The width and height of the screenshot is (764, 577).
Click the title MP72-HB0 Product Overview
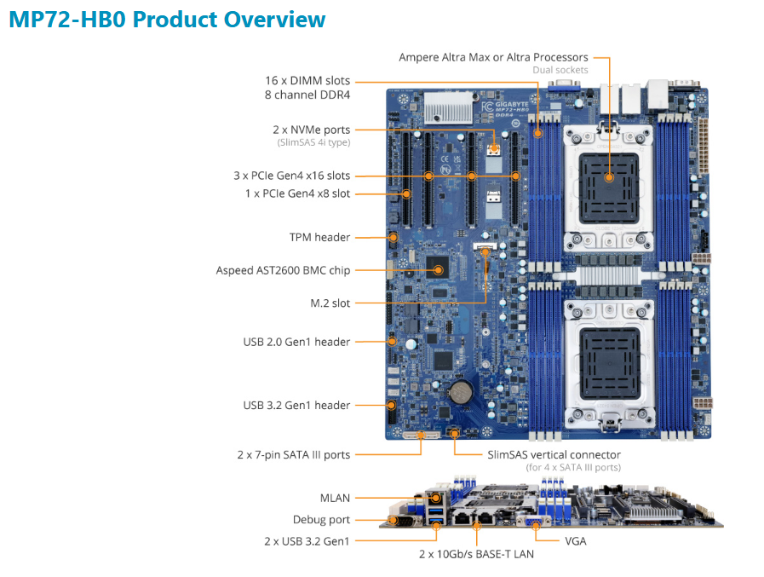tap(167, 20)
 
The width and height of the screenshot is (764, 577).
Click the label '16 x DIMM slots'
tap(307, 80)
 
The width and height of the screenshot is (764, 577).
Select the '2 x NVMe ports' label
tap(312, 130)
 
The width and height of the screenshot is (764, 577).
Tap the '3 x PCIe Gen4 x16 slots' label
tap(291, 176)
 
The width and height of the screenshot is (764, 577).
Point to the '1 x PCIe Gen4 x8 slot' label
tap(297, 194)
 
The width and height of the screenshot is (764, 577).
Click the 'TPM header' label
tap(319, 237)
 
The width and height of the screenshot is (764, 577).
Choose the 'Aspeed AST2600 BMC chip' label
tap(283, 270)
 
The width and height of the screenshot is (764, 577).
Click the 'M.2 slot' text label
tap(330, 303)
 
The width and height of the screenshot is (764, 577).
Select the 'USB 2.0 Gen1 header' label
tap(296, 342)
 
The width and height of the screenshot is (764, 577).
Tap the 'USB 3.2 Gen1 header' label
tap(296, 405)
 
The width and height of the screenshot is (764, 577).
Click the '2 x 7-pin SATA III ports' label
tap(293, 455)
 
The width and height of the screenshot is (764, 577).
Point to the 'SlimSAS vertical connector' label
tap(554, 455)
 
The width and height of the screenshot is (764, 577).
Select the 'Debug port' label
tap(321, 520)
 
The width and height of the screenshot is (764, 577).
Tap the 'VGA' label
tap(575, 540)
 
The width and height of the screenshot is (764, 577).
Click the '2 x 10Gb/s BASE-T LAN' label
tap(477, 554)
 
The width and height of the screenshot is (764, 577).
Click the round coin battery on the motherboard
tap(461, 389)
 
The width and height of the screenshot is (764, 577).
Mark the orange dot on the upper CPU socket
tap(610, 177)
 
